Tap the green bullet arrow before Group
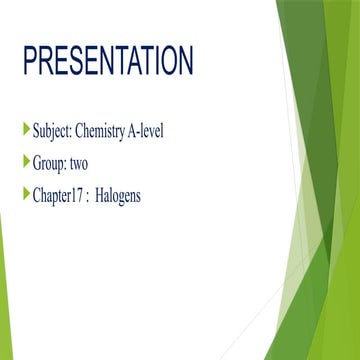click(26, 160)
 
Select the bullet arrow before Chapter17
click(26, 193)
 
